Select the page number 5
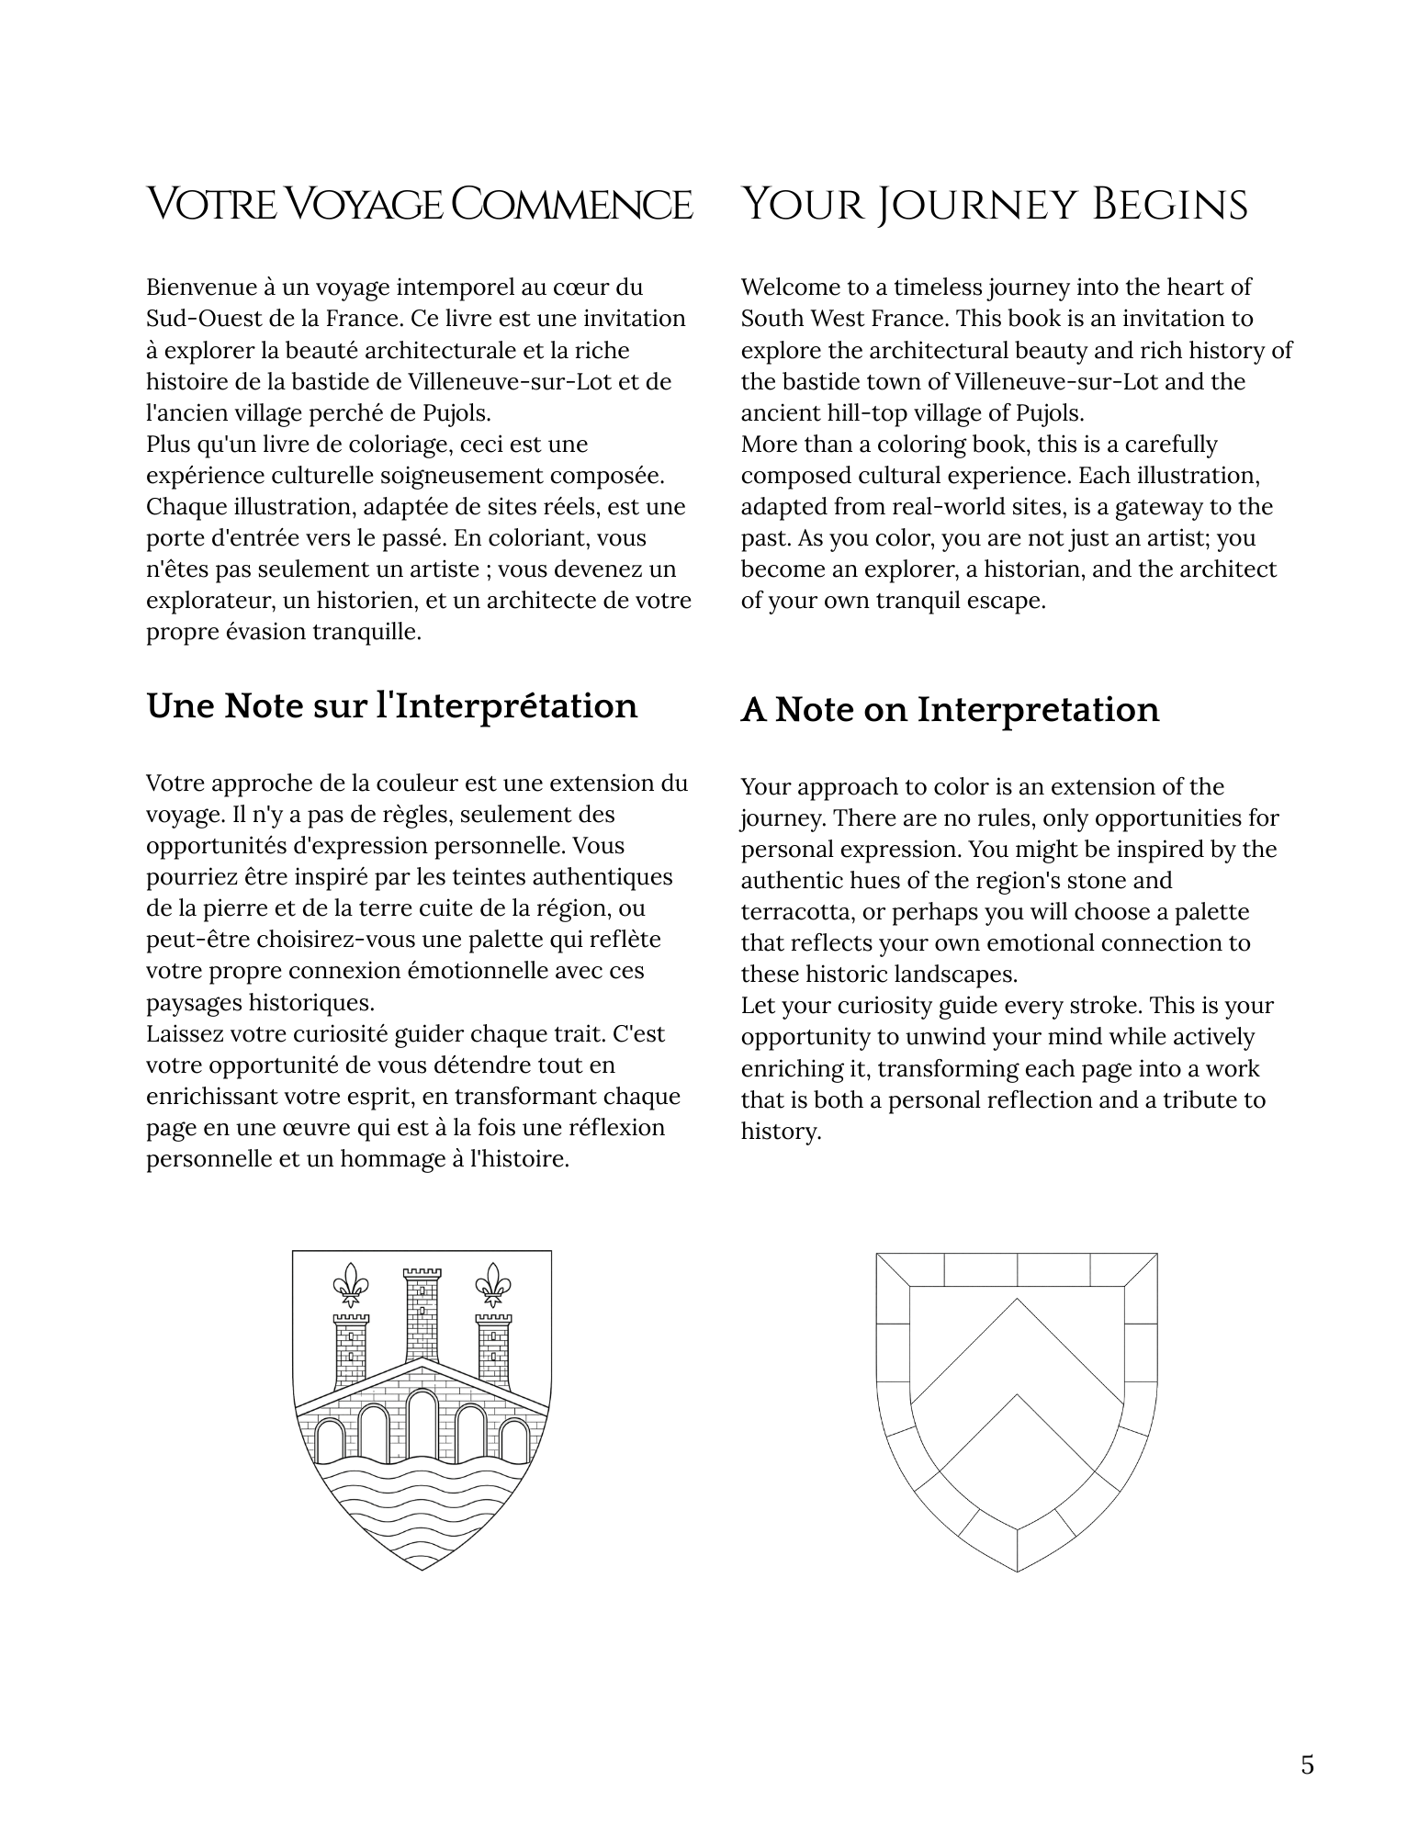(x=1307, y=1764)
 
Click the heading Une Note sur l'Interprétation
(x=391, y=705)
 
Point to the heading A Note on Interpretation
(x=950, y=710)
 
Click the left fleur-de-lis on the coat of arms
(x=350, y=1284)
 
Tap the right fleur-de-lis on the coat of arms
(x=494, y=1284)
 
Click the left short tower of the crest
(x=351, y=1351)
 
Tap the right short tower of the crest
(x=493, y=1351)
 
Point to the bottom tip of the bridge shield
(x=422, y=1569)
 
